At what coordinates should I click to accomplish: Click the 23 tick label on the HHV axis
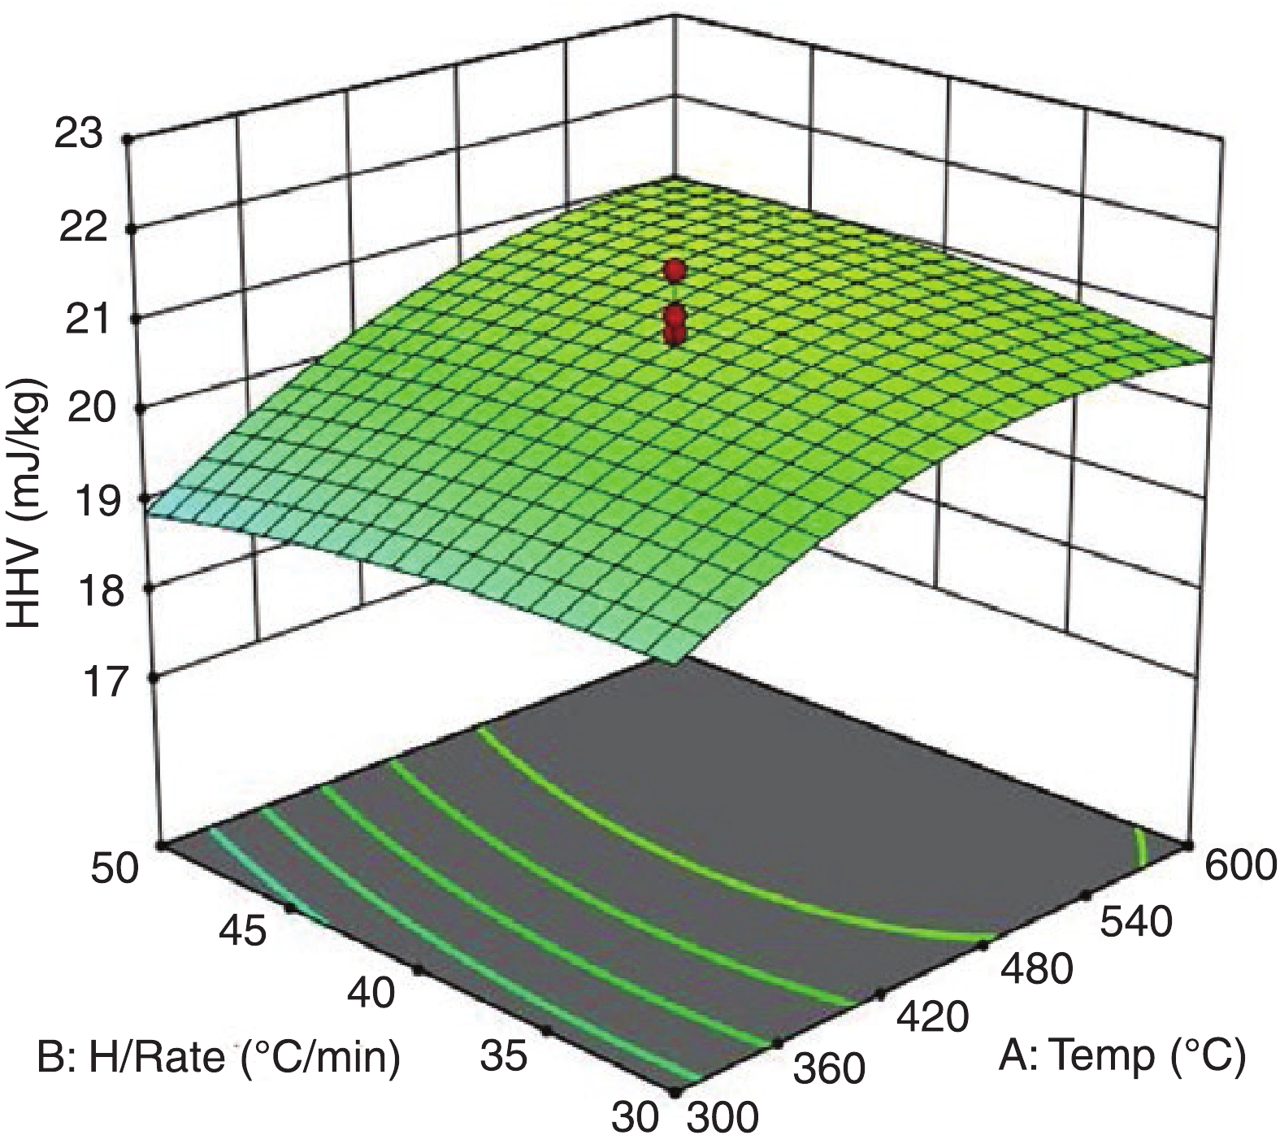coord(78,133)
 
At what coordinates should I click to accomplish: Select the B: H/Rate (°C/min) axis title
coord(219,1058)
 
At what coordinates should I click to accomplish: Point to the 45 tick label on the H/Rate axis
coord(242,932)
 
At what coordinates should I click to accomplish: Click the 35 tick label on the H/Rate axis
coord(506,1057)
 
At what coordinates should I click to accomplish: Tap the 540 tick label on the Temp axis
coord(1136,922)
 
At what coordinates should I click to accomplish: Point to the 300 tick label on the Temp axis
coord(723,1120)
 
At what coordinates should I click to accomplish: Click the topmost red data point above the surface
coord(674,271)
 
